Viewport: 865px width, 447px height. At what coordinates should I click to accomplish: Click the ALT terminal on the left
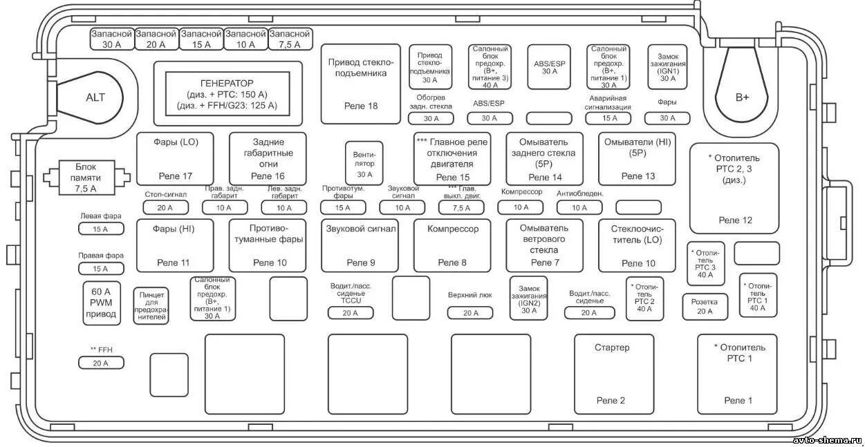click(95, 97)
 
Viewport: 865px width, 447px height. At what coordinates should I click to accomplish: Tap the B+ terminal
click(742, 97)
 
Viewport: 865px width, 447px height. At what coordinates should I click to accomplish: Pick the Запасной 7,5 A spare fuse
click(290, 39)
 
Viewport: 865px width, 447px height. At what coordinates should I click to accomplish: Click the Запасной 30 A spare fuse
click(111, 39)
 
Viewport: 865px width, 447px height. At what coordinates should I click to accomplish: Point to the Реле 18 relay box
click(361, 84)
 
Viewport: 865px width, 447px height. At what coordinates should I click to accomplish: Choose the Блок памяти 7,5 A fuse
click(86, 178)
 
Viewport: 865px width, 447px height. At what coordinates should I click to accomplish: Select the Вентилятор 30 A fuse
click(364, 163)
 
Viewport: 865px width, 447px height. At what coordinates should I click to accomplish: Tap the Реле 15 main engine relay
click(452, 158)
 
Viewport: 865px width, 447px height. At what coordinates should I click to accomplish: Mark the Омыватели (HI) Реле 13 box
click(638, 158)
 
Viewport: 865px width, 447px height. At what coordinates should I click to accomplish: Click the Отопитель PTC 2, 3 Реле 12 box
click(734, 188)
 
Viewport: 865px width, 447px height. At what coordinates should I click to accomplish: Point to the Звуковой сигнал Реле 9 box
click(360, 245)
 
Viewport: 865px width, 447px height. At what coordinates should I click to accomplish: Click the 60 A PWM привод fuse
click(101, 303)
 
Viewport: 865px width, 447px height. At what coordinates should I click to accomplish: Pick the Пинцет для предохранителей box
click(151, 305)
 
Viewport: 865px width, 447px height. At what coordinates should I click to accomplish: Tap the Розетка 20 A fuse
click(705, 307)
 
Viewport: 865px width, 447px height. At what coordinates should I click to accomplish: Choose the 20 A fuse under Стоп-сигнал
click(165, 207)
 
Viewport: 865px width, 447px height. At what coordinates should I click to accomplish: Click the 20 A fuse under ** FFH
click(101, 363)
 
